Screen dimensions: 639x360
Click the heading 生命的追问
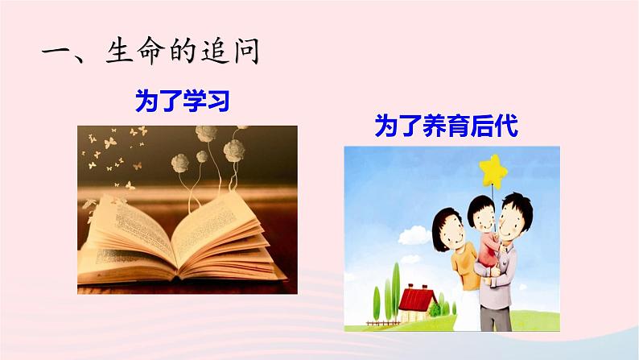[183, 51]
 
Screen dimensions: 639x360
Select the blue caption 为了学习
[183, 101]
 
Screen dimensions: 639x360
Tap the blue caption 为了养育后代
[446, 126]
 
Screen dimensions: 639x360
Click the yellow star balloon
[493, 172]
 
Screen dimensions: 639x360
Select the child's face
[484, 222]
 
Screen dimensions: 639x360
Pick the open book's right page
[222, 237]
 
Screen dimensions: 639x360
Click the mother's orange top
[464, 265]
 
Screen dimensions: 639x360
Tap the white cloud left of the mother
[414, 237]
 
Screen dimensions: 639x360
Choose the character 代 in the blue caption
[506, 126]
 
